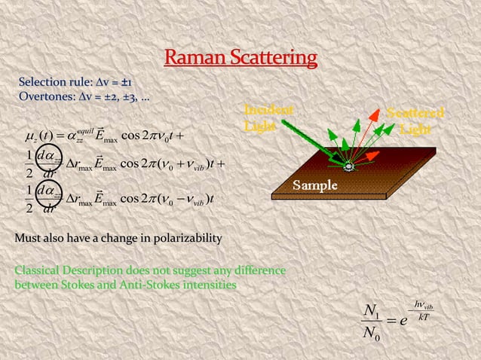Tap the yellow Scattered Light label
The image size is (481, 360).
(415, 121)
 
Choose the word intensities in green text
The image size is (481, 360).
(207, 285)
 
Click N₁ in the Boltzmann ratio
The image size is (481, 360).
(372, 311)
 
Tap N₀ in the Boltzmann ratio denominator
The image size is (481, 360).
(372, 334)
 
